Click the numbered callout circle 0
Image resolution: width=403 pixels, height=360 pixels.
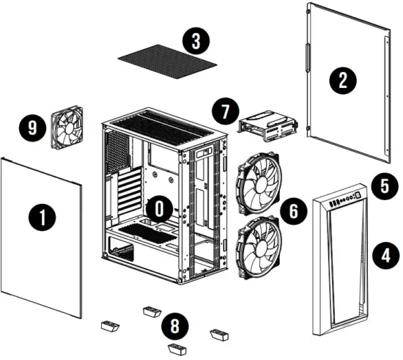coord(158,209)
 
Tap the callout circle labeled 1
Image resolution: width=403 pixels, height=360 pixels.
coord(42,217)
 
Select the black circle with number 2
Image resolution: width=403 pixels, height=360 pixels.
coord(341,79)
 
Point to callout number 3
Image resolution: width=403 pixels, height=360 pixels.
coord(195,41)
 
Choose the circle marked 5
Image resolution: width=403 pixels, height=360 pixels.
coord(382,186)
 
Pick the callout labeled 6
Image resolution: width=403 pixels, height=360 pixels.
coord(293,212)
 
